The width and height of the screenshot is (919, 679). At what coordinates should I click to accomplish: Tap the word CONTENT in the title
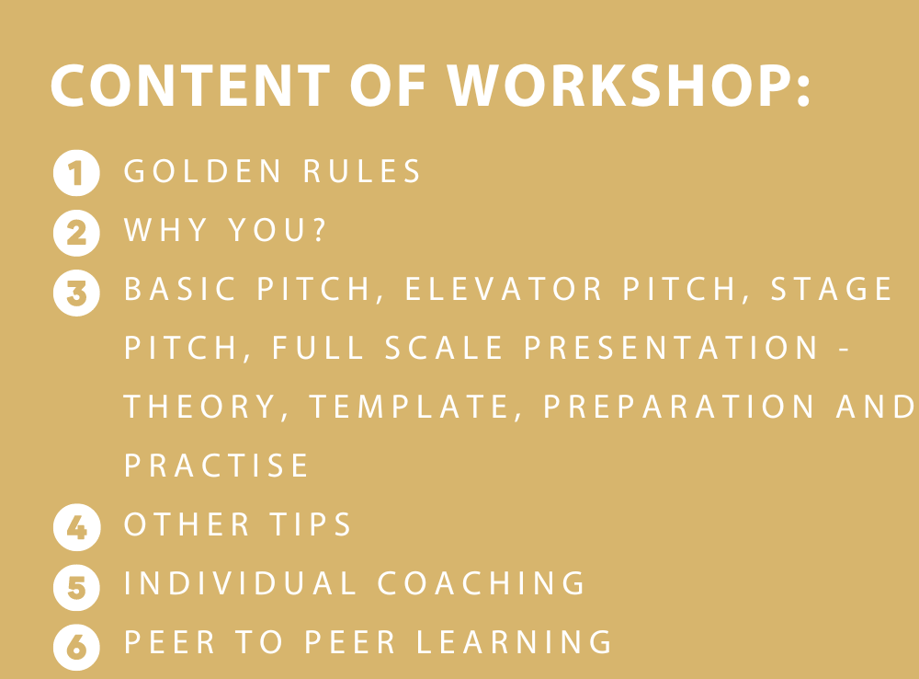coord(190,86)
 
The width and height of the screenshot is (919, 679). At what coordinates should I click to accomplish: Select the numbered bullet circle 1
coord(77,173)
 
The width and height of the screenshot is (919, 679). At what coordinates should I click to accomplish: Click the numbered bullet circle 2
coord(77,233)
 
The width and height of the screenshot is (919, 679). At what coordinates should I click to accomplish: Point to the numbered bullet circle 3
coord(77,293)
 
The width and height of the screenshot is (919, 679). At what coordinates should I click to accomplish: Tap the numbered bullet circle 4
coord(77,527)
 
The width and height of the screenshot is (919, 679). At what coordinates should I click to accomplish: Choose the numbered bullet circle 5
coord(77,587)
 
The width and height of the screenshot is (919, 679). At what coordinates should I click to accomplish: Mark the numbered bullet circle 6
coord(77,648)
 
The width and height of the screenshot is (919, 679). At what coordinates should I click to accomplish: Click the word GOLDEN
coord(203,171)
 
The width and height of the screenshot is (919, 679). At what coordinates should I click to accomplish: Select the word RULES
coord(361,171)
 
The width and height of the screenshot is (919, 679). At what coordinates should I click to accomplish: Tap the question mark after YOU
coord(320,229)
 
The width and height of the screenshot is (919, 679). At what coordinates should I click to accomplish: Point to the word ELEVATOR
coord(503,289)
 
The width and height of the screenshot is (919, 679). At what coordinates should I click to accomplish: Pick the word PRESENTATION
coord(671,348)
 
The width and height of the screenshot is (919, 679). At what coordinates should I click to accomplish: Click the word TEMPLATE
coord(409,407)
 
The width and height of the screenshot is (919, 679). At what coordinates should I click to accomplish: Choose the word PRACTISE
coord(216,466)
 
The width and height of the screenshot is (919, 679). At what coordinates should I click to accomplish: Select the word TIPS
coord(310,524)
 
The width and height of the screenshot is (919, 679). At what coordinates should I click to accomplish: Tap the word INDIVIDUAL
coord(240,583)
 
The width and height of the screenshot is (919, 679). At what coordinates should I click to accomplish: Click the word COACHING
coord(482,583)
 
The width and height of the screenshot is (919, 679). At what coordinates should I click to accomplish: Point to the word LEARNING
coord(514,642)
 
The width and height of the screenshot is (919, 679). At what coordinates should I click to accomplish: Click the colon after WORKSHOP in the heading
coord(803,91)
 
